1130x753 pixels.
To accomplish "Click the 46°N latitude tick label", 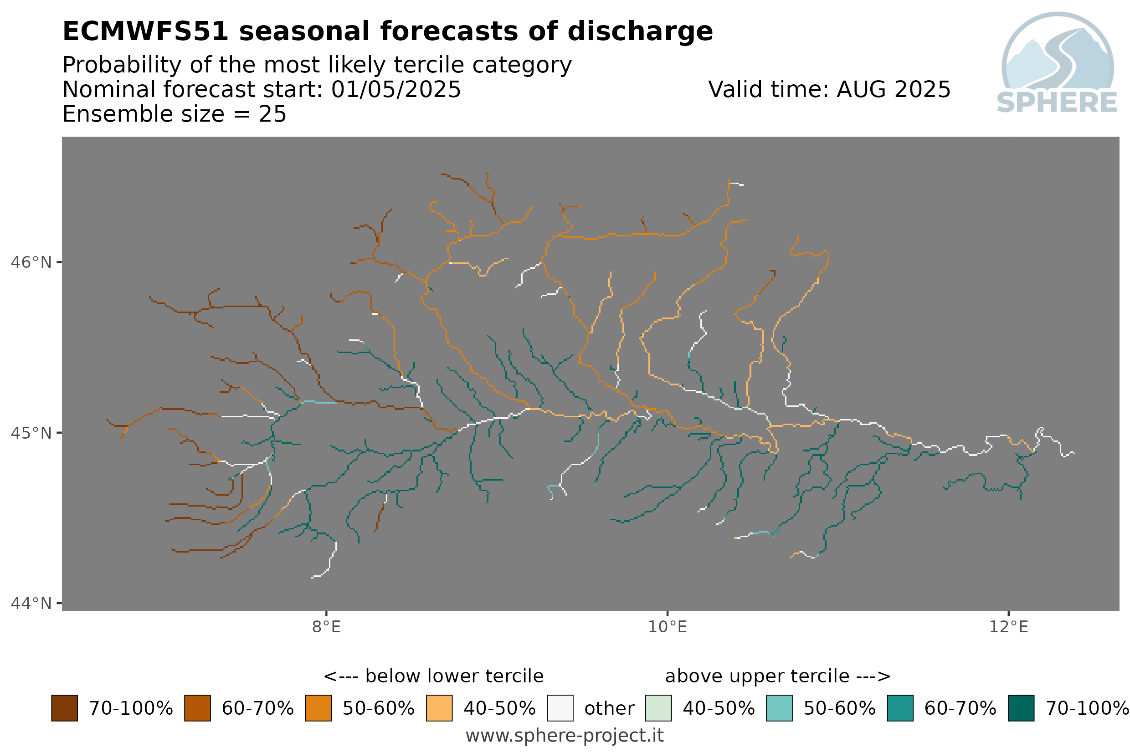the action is [x=31, y=263].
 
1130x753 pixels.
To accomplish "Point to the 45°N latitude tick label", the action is [x=31, y=433].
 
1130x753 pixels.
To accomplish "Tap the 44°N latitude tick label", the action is [x=31, y=603].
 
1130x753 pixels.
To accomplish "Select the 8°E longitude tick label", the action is [x=326, y=627].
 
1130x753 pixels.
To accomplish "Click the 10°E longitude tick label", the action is [x=667, y=627].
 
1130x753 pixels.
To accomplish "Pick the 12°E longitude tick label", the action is [x=1008, y=627].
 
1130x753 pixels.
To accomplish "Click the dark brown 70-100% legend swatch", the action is [x=64, y=708].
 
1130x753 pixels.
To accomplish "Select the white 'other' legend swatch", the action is [x=560, y=708].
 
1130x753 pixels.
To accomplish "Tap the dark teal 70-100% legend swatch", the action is [x=1021, y=708].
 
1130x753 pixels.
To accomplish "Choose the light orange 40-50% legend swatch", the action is [x=439, y=708].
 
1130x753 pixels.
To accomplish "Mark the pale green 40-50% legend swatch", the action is [x=658, y=708].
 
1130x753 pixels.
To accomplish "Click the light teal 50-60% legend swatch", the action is [x=779, y=708].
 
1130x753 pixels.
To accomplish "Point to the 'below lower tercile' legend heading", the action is [x=433, y=676].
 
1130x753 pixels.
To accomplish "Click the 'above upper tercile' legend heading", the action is [x=777, y=676].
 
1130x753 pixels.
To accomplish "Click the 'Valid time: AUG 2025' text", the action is [x=829, y=90].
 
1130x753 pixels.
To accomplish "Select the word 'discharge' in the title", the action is [x=640, y=32].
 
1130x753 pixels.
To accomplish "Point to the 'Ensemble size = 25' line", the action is [x=175, y=114].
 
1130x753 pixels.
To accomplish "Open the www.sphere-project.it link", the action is [x=565, y=736].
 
